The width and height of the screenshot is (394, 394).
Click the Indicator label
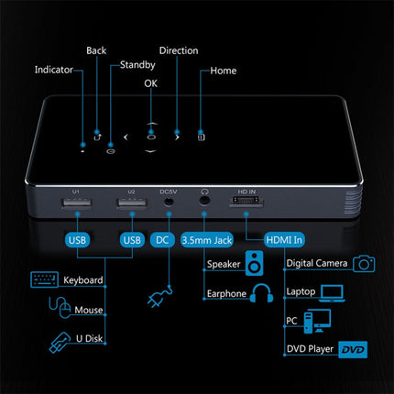click(x=54, y=70)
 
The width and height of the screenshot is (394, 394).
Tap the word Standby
click(x=137, y=65)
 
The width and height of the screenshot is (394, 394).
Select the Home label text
click(x=224, y=71)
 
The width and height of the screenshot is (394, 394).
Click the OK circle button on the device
click(x=151, y=137)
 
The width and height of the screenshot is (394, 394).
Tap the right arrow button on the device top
click(x=177, y=137)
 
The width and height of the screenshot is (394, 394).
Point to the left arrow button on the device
click(x=126, y=137)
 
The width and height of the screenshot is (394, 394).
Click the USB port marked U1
click(x=77, y=202)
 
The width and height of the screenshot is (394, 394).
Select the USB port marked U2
click(x=132, y=202)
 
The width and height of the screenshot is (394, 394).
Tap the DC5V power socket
click(x=169, y=202)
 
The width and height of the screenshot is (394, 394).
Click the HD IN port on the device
click(x=246, y=201)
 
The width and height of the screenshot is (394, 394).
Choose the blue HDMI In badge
click(x=284, y=240)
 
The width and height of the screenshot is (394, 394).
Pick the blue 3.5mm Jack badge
click(x=207, y=240)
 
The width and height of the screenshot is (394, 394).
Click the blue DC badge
click(x=162, y=240)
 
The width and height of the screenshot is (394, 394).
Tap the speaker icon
click(x=254, y=263)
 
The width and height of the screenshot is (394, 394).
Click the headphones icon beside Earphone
click(x=261, y=293)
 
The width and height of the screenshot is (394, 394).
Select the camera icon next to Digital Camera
click(x=364, y=264)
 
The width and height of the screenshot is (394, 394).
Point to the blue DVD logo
click(x=353, y=349)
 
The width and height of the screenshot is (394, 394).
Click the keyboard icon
click(x=45, y=279)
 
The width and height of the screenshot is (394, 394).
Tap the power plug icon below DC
click(x=159, y=296)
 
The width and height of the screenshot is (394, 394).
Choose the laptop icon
click(x=332, y=293)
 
